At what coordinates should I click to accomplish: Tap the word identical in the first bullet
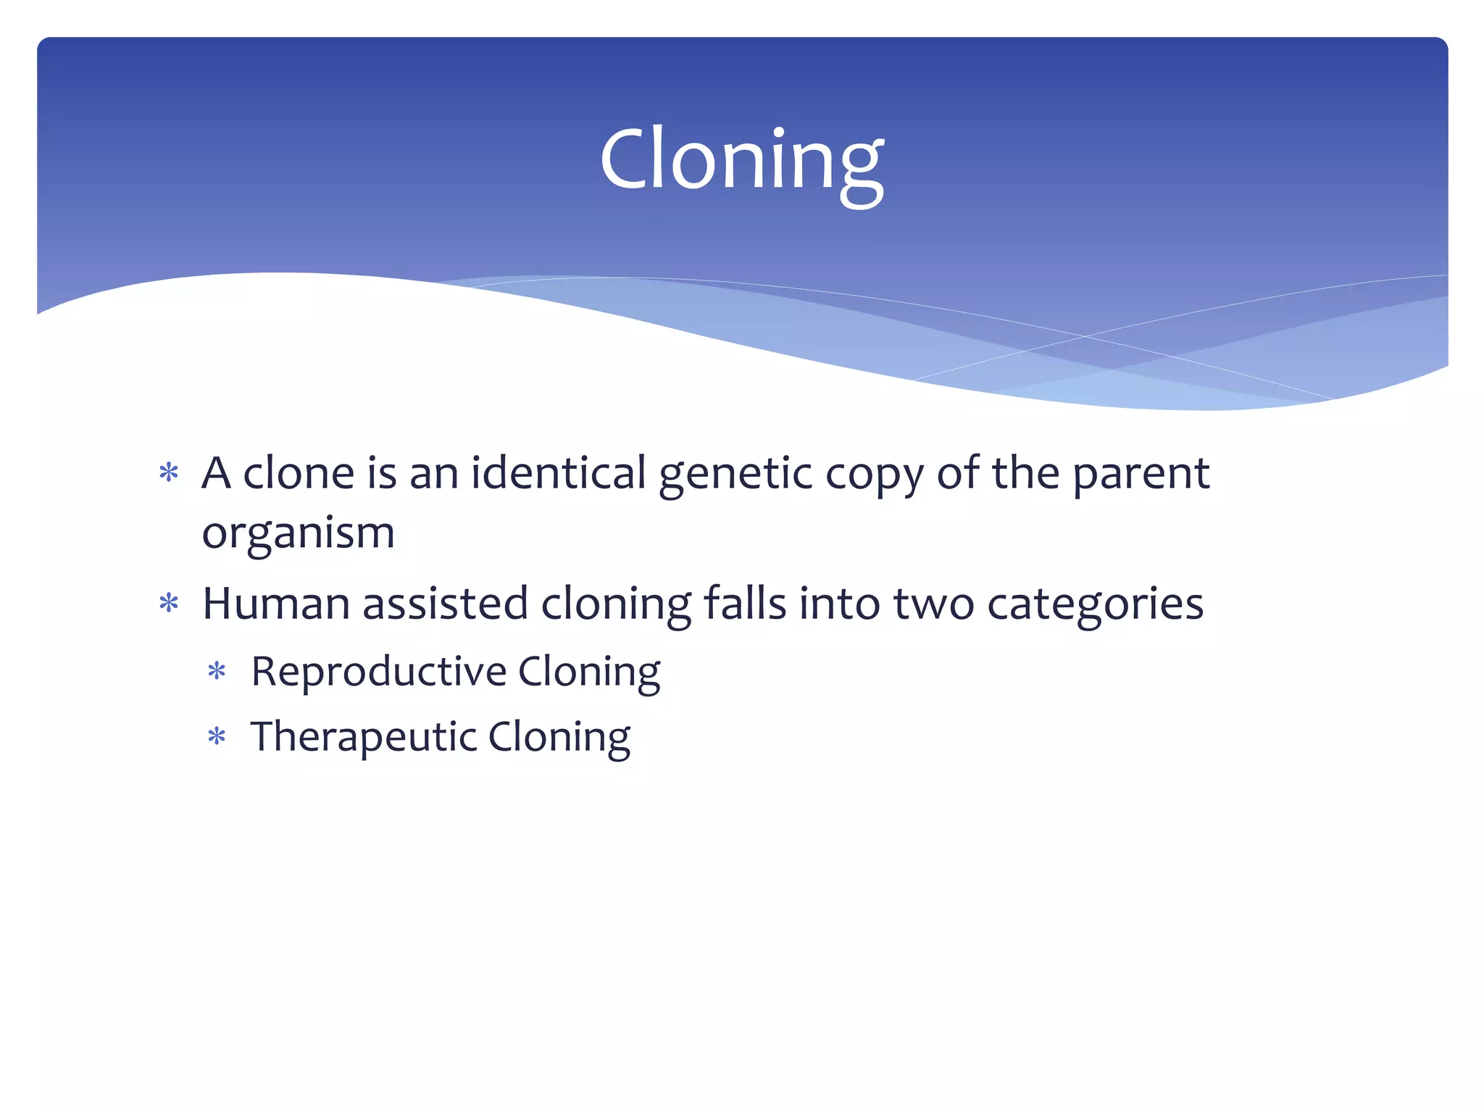click(558, 473)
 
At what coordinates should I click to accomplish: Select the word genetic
click(735, 475)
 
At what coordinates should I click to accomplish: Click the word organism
click(298, 534)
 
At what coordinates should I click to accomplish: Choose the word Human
click(275, 604)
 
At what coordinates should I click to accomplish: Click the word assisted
click(445, 604)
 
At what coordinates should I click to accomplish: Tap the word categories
click(1095, 605)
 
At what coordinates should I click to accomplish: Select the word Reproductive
click(378, 671)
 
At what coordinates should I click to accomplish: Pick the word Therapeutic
click(363, 737)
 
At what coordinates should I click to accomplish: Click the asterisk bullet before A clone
click(169, 473)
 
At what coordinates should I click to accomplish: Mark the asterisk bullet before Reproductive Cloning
click(217, 672)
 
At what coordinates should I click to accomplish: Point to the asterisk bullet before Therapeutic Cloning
click(217, 738)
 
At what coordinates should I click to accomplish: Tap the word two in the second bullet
click(933, 604)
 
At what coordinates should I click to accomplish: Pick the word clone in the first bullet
click(299, 473)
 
